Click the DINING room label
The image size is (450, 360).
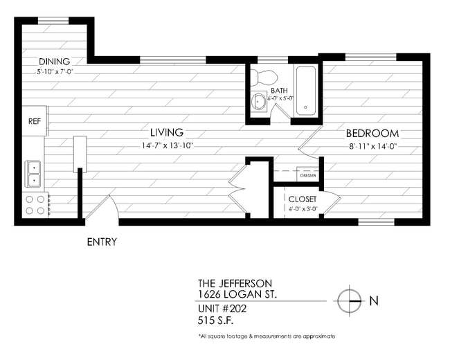tap(54, 61)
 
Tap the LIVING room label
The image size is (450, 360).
tap(167, 132)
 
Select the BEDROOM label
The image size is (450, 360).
tap(372, 133)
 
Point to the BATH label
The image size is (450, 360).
tap(279, 91)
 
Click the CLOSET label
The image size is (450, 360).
tap(303, 199)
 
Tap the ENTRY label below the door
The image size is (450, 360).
tap(102, 242)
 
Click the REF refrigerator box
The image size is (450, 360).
tap(35, 121)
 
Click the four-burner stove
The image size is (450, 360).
tap(35, 204)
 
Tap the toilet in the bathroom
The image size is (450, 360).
tap(264, 75)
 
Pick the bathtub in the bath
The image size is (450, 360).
tap(305, 91)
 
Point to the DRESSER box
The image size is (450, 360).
tap(308, 176)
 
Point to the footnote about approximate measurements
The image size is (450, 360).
tap(267, 336)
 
